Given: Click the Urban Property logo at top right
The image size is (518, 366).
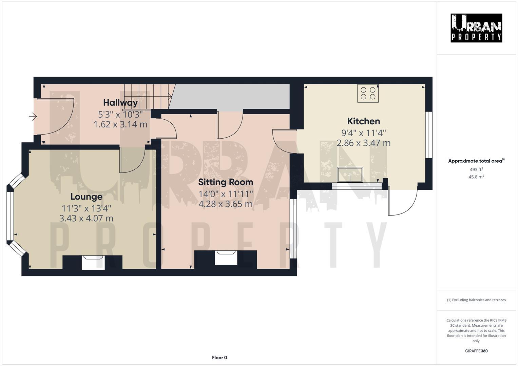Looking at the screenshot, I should pos(476,28).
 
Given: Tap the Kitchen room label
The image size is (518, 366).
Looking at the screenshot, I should pos(363,121).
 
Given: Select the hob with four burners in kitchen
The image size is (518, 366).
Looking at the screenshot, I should pos(368,93).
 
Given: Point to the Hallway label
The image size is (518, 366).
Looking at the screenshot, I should pos(120,102).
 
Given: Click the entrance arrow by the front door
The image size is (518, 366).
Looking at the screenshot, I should pos(33,117).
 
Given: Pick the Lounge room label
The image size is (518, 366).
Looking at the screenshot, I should pos(86,197).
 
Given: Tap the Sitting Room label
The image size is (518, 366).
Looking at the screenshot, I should pos(226,182).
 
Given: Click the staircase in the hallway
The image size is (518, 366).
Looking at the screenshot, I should pos(148,96).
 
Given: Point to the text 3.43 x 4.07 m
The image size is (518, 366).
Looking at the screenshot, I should pos(86,218).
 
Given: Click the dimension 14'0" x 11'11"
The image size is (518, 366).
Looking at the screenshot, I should pos(226,194).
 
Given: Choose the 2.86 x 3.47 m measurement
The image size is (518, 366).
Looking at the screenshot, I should pos(363,143).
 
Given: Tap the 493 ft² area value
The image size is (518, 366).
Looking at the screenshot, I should pos(476,169).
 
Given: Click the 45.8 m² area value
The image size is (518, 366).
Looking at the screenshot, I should pos(476,177).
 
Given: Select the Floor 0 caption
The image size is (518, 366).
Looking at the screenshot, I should pos(219,358).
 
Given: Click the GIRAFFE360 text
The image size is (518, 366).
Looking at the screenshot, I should pos(476,351).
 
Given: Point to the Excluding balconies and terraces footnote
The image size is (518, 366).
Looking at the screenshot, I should pos(476,300).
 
